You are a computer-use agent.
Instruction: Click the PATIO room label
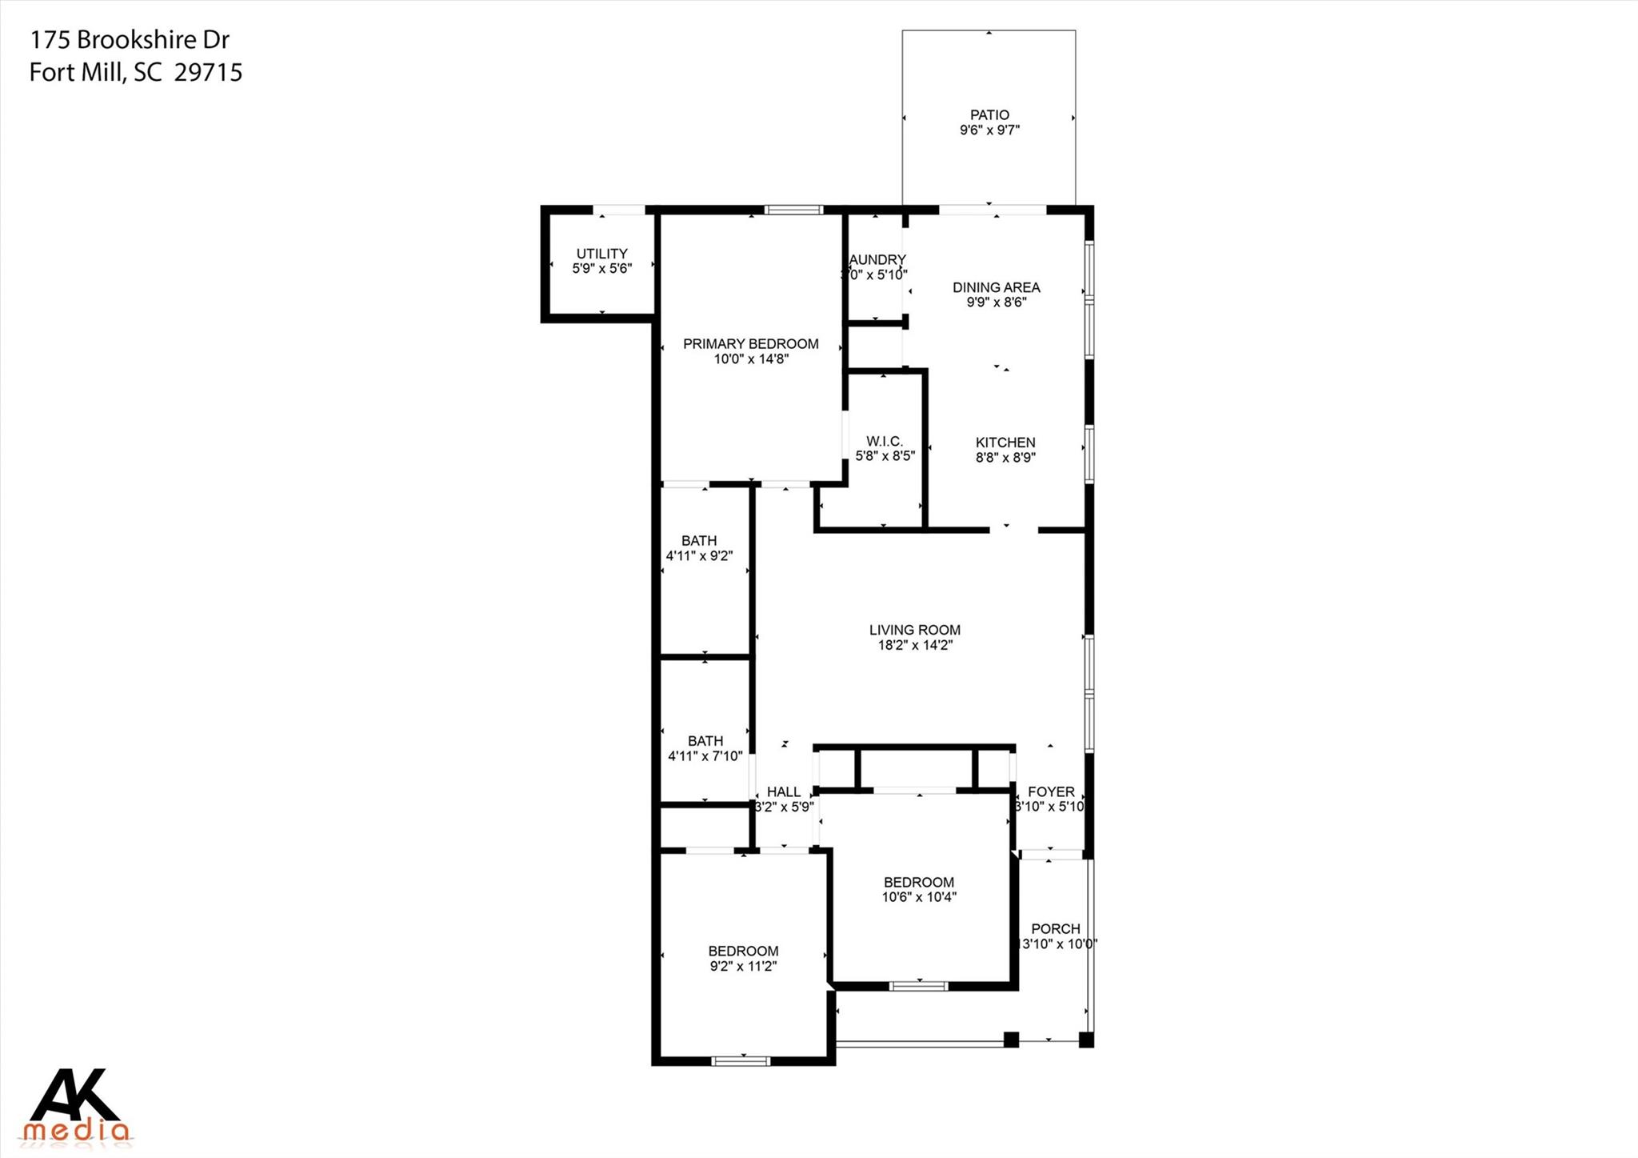[989, 115]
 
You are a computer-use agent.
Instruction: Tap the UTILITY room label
[601, 254]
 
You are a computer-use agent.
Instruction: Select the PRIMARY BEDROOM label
[750, 344]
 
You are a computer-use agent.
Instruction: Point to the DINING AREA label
[996, 287]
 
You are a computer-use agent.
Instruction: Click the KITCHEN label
[1005, 443]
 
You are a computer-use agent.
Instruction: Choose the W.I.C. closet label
[884, 442]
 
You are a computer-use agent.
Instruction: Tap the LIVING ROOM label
[914, 630]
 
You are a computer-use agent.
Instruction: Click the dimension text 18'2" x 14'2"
[914, 645]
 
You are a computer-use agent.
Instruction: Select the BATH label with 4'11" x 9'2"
[699, 541]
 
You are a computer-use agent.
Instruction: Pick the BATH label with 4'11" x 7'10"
[705, 741]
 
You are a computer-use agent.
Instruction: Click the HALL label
[783, 791]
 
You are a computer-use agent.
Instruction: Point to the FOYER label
[1050, 791]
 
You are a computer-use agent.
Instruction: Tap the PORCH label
[1055, 928]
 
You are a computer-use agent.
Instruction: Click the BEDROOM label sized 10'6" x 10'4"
[918, 882]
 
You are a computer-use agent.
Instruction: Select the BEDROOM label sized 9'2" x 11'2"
[743, 951]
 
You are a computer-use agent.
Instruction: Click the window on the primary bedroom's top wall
[793, 210]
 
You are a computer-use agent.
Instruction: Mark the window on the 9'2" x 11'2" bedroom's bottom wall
[741, 1061]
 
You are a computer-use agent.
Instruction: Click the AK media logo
[76, 1105]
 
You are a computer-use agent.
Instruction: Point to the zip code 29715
[208, 73]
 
